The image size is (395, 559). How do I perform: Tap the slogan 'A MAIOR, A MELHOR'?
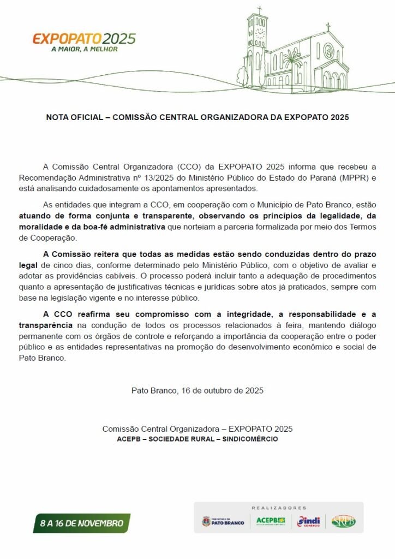(84, 49)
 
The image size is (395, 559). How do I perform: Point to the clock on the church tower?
(260, 32)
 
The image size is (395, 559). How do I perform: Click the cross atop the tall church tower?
(259, 9)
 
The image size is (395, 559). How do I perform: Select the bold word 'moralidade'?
(40, 227)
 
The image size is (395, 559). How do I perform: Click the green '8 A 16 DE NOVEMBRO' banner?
(81, 523)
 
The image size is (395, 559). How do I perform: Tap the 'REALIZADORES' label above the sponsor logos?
(279, 508)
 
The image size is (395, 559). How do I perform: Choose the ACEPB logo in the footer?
(271, 521)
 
